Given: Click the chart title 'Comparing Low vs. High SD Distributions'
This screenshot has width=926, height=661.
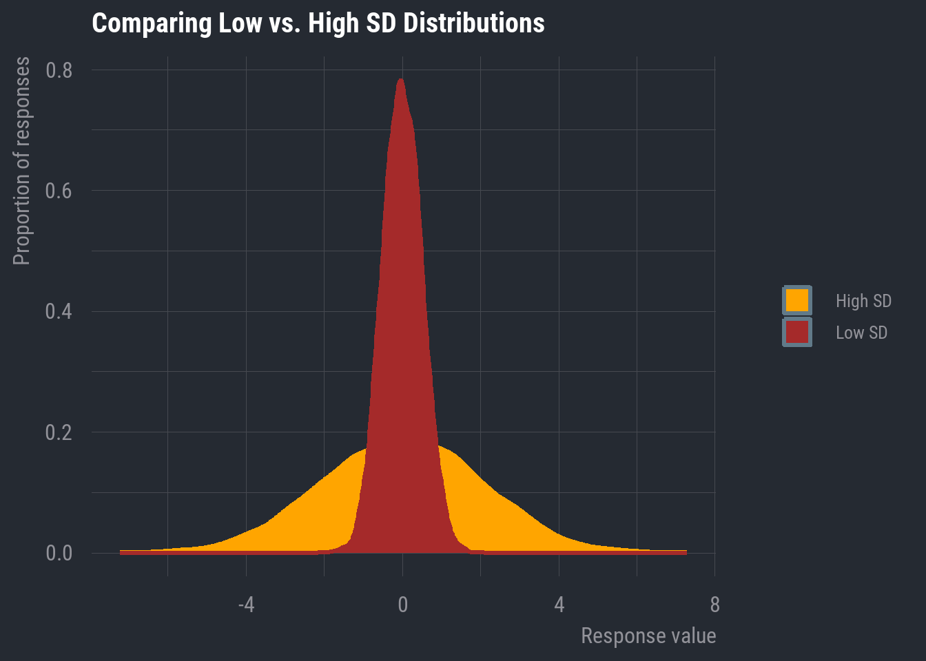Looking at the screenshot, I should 318,23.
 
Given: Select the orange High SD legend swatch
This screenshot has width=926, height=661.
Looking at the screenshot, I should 797,300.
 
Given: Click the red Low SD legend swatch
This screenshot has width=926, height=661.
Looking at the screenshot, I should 797,332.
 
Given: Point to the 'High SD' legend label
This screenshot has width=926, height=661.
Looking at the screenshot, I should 863,301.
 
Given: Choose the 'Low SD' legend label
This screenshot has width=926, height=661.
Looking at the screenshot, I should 861,333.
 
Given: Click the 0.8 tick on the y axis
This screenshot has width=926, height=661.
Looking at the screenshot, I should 59,70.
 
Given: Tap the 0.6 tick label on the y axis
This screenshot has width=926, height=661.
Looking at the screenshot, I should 59,191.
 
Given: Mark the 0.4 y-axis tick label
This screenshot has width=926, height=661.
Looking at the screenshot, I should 59,311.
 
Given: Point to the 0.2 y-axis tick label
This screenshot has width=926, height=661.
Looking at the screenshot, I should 59,432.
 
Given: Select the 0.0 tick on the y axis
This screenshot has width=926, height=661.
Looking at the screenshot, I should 59,553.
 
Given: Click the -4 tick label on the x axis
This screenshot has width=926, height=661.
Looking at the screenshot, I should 246,605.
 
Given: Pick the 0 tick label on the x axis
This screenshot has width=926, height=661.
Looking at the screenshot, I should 403,605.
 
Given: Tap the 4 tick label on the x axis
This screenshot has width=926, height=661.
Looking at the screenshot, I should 559,605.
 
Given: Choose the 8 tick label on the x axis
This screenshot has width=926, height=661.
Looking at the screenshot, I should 714,605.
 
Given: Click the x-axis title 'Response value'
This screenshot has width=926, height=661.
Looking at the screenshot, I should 648,636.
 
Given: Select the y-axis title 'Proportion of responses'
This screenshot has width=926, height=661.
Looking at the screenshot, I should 22,161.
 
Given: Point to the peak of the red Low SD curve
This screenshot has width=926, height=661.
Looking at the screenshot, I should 400,80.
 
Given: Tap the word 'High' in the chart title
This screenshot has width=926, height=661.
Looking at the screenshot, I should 329,23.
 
